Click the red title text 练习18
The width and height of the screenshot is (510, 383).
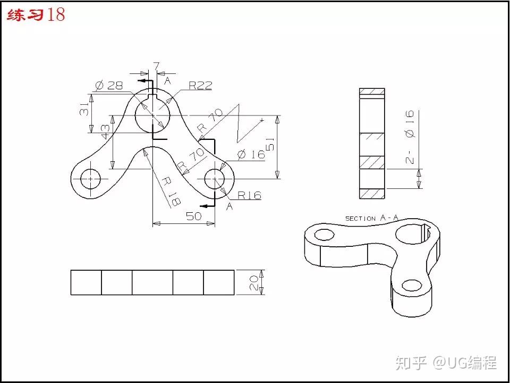(x=36, y=15)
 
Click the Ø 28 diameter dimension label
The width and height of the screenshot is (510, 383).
(x=109, y=85)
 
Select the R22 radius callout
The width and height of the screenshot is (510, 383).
(x=201, y=85)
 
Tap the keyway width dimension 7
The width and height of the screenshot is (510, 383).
(x=156, y=66)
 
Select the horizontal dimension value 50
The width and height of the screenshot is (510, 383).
(x=194, y=216)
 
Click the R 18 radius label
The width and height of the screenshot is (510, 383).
(x=171, y=191)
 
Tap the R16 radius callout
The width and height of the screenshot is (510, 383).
(x=250, y=195)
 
